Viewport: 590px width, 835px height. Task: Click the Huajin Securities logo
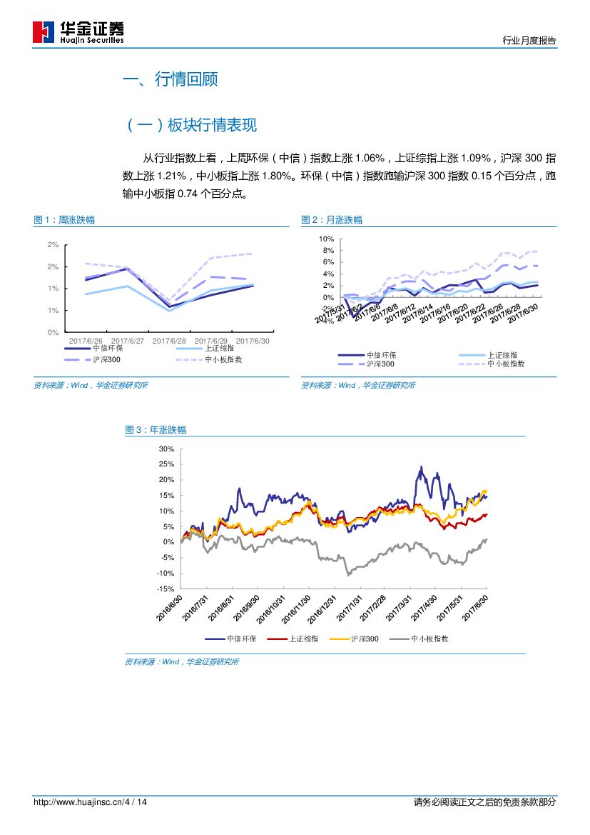click(x=78, y=32)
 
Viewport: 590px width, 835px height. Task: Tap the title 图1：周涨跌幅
click(x=64, y=220)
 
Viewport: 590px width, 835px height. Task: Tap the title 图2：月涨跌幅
click(x=332, y=220)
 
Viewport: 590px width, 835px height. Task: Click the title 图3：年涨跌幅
click(x=156, y=430)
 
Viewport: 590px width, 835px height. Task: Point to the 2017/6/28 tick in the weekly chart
click(x=169, y=341)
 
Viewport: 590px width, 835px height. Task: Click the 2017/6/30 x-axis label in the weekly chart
click(x=253, y=341)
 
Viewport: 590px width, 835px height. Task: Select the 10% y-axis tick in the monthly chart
click(x=326, y=239)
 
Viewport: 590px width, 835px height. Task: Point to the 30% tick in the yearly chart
click(x=167, y=449)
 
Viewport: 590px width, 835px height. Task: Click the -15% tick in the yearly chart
click(x=166, y=589)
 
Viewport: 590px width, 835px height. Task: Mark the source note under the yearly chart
click(x=182, y=662)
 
